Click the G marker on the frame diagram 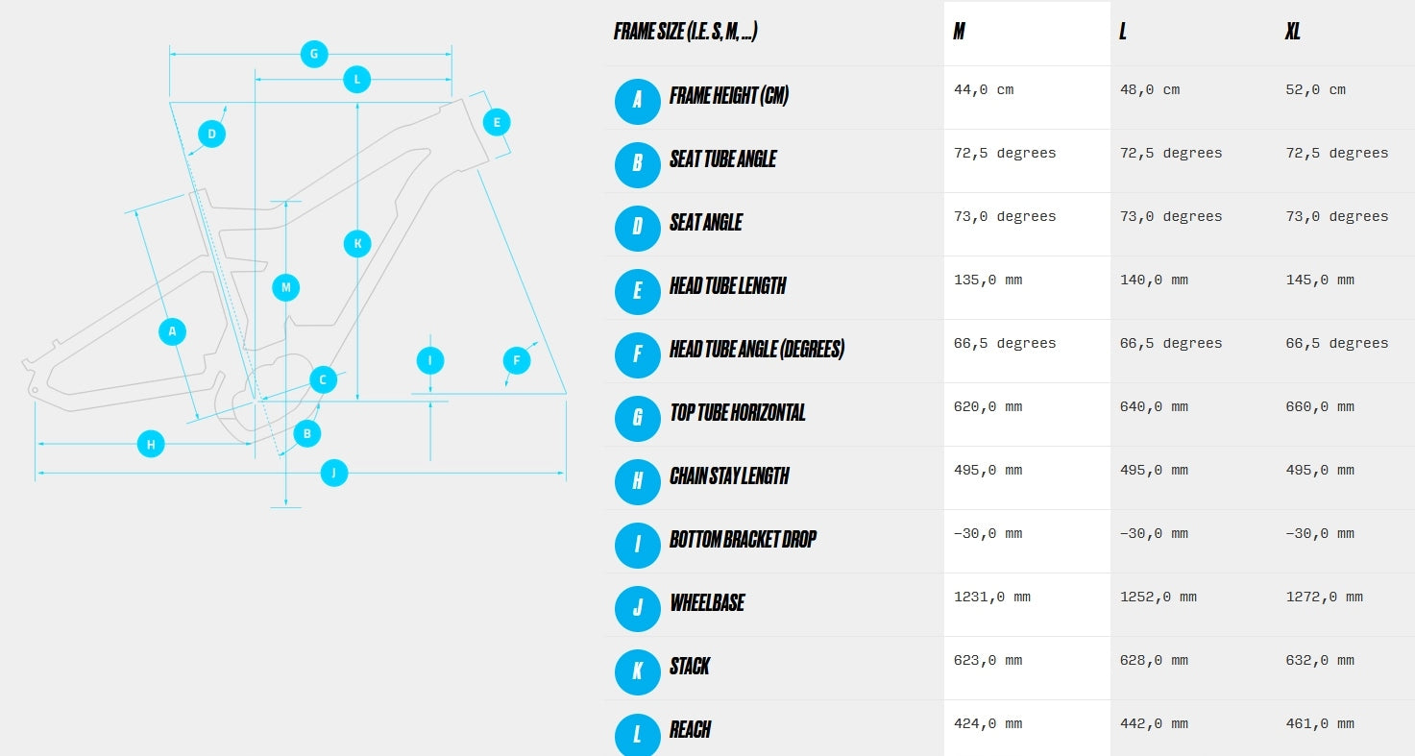click(x=314, y=55)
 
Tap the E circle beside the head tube click(x=497, y=122)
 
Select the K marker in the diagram click(x=357, y=243)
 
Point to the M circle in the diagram click(x=285, y=287)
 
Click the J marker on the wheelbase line click(x=334, y=473)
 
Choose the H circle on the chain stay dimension click(x=151, y=444)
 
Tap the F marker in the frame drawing click(x=517, y=360)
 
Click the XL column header click(x=1292, y=32)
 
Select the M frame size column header click(x=959, y=32)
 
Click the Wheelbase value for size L click(x=1158, y=597)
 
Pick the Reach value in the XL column click(x=1320, y=723)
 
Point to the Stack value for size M click(x=988, y=660)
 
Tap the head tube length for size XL click(x=1320, y=280)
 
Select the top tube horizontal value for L click(x=1154, y=406)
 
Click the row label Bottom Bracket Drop click(x=743, y=539)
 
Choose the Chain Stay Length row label click(x=729, y=476)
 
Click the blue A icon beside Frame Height click(x=638, y=101)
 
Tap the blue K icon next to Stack click(x=638, y=672)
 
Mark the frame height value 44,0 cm click(x=984, y=89)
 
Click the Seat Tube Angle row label click(x=722, y=159)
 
